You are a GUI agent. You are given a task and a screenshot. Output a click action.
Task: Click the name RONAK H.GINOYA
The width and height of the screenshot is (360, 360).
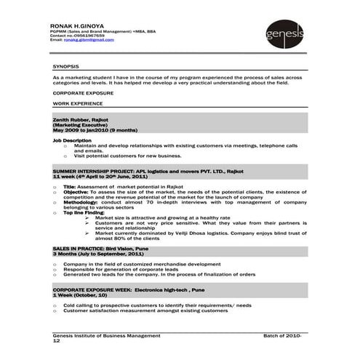(x=73, y=24)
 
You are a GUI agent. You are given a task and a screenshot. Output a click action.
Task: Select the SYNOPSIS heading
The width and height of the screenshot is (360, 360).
(x=65, y=66)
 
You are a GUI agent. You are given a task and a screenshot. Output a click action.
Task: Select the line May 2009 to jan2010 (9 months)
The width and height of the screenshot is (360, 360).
(x=95, y=129)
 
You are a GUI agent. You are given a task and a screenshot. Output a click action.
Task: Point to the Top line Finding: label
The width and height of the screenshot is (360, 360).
(x=84, y=212)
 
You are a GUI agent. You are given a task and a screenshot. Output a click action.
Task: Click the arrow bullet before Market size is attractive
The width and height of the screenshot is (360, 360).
(x=89, y=217)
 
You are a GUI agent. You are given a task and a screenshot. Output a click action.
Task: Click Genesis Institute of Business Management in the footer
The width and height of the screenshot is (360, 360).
(x=106, y=335)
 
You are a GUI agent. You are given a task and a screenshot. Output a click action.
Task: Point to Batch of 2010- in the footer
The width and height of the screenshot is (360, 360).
(x=282, y=335)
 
